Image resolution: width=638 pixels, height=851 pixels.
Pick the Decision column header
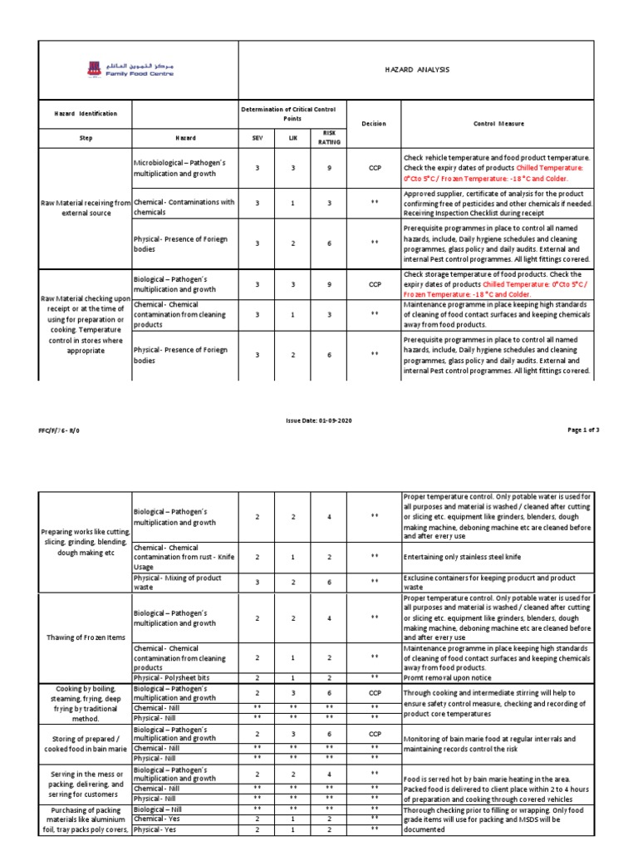click(374, 124)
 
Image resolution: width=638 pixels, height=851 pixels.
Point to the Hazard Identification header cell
click(86, 113)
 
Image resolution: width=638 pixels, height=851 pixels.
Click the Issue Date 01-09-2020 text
click(318, 421)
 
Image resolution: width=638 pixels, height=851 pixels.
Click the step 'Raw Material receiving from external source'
click(86, 206)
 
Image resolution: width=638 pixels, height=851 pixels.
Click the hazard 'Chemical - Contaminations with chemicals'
click(184, 207)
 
